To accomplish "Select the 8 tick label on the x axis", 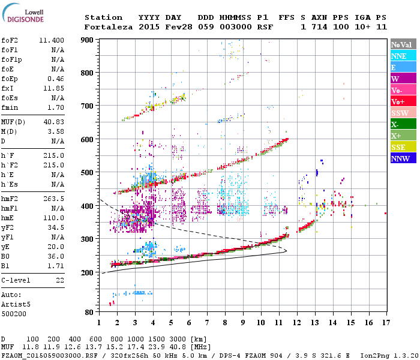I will pos(225,323).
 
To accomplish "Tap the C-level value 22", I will pos(59,280).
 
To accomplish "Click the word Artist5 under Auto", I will pos(16,304).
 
